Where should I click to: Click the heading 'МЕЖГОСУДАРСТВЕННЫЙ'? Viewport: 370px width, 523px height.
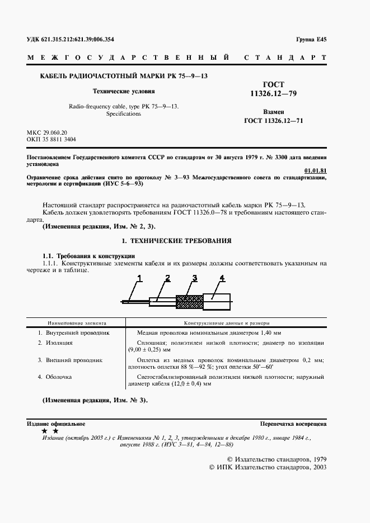click(x=127, y=58)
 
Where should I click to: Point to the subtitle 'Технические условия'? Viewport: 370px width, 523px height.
click(x=124, y=91)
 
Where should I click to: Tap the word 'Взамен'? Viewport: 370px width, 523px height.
click(x=273, y=112)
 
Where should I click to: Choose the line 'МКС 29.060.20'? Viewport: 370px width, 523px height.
click(x=46, y=132)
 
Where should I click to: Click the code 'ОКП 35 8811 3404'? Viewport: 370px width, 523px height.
click(x=51, y=140)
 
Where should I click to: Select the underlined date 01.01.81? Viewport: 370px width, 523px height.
click(x=315, y=170)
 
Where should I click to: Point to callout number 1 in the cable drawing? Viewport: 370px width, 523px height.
click(x=140, y=278)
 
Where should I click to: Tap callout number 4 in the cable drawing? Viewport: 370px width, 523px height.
click(x=222, y=278)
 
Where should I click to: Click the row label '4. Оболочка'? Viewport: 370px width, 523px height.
click(x=55, y=377)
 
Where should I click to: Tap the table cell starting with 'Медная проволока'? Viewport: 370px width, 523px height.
click(x=226, y=332)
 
